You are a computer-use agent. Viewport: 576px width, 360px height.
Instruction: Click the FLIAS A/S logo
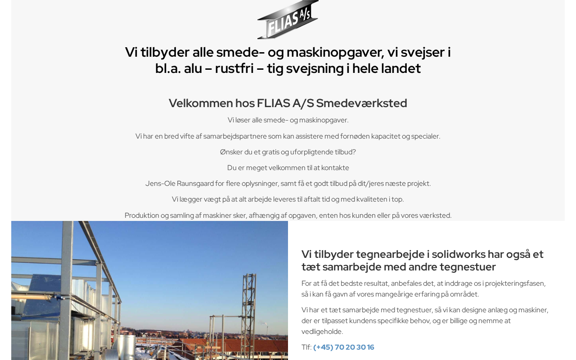pyautogui.click(x=288, y=20)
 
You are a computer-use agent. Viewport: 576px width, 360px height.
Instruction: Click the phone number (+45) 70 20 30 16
pyautogui.click(x=343, y=347)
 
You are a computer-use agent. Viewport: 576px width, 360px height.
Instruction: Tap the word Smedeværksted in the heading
pyautogui.click(x=361, y=103)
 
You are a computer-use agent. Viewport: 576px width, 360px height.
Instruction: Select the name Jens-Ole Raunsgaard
pyautogui.click(x=180, y=184)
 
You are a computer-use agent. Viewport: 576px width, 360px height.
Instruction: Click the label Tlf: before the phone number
pyautogui.click(x=306, y=347)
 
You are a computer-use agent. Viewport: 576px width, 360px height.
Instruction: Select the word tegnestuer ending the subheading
pyautogui.click(x=468, y=267)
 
